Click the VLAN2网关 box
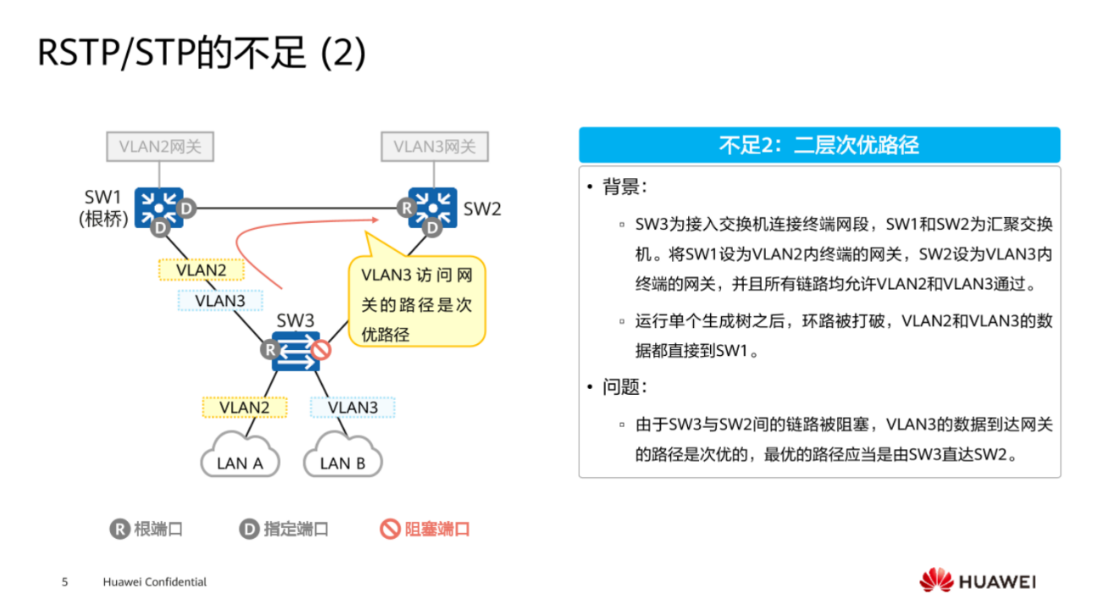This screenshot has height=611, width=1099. pos(160,147)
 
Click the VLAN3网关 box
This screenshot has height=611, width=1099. pos(435,147)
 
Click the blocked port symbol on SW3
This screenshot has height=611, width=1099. pos(320,349)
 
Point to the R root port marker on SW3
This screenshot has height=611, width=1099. pos(270,349)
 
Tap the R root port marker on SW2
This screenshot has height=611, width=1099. pos(407,207)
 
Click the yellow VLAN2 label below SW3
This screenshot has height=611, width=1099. pos(244,408)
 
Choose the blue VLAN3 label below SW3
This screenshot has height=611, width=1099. pos(352,408)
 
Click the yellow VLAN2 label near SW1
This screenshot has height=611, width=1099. pos(201,269)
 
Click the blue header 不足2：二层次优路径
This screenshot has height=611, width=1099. pos(819,145)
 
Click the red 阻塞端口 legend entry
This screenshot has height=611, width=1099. pos(425,530)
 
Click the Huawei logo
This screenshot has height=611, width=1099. pos(977,581)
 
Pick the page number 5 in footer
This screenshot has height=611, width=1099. pos(64,582)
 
